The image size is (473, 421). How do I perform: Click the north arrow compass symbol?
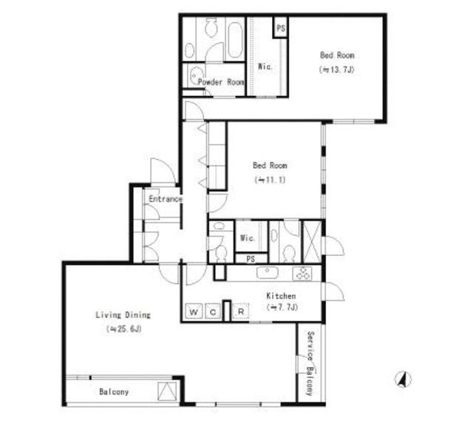click(x=403, y=380)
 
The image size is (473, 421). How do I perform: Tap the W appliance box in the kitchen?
click(x=194, y=311)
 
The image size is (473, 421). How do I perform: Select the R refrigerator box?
click(x=241, y=311)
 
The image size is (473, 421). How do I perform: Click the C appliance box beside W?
click(x=214, y=311)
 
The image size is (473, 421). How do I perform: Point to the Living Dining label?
click(x=123, y=315)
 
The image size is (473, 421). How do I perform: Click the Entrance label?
click(x=166, y=199)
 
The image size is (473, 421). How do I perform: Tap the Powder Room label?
click(x=221, y=82)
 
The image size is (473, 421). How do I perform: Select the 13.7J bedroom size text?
click(x=337, y=70)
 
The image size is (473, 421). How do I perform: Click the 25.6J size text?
click(x=124, y=329)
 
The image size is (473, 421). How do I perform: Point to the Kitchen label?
click(x=281, y=296)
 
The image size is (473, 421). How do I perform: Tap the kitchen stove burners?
click(x=302, y=274)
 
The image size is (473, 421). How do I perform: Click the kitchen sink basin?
click(x=268, y=273)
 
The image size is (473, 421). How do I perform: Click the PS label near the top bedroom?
click(x=281, y=28)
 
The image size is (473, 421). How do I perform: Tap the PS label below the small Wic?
click(x=251, y=259)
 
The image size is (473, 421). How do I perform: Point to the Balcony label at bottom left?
click(x=114, y=392)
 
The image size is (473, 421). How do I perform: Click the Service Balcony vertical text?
click(x=310, y=363)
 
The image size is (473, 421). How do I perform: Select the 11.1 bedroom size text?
click(x=270, y=180)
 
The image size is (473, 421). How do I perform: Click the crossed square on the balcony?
click(x=168, y=391)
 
